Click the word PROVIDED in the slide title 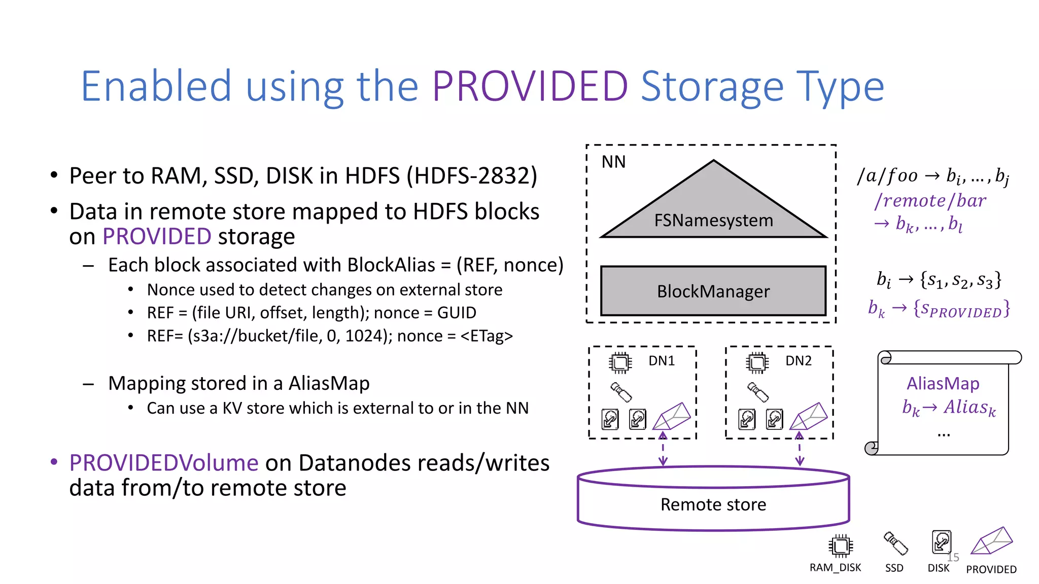[x=530, y=87]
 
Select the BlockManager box [x=713, y=291]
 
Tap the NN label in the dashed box [x=613, y=162]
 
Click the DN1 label [x=662, y=361]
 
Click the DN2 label [x=799, y=361]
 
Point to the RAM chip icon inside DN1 [x=620, y=362]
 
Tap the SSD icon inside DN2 [x=758, y=392]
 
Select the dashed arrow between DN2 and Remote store [x=800, y=449]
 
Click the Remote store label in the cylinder [x=713, y=504]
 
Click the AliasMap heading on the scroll [x=943, y=383]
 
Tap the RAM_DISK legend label [x=835, y=568]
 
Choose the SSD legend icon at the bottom [x=895, y=543]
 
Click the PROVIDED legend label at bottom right [x=991, y=569]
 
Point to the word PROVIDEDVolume [x=164, y=463]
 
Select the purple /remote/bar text [x=930, y=201]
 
